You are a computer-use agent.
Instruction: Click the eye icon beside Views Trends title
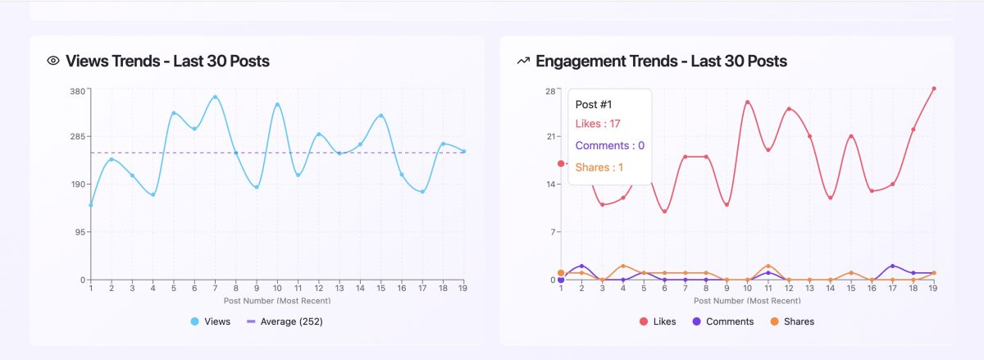[x=53, y=61]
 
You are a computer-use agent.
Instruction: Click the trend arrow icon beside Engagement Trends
[x=523, y=61]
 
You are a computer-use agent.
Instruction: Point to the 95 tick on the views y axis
[x=79, y=232]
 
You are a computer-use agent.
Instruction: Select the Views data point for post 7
[x=216, y=97]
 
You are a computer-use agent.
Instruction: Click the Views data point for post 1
[x=90, y=205]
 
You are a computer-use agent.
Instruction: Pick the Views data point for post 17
[x=422, y=192]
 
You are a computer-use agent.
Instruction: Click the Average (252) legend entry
[x=285, y=321]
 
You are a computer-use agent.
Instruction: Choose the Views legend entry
[x=211, y=321]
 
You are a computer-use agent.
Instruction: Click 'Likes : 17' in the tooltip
[x=598, y=124]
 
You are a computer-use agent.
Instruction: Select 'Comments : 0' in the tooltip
[x=610, y=146]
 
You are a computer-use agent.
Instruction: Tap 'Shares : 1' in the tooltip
[x=599, y=167]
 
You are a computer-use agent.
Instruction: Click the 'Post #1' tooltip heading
[x=594, y=104]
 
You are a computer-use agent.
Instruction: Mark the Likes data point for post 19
[x=934, y=89]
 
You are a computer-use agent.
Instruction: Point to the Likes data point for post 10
[x=748, y=102]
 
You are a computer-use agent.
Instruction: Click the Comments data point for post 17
[x=892, y=266]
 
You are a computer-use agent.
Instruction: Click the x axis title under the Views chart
[x=277, y=301]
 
